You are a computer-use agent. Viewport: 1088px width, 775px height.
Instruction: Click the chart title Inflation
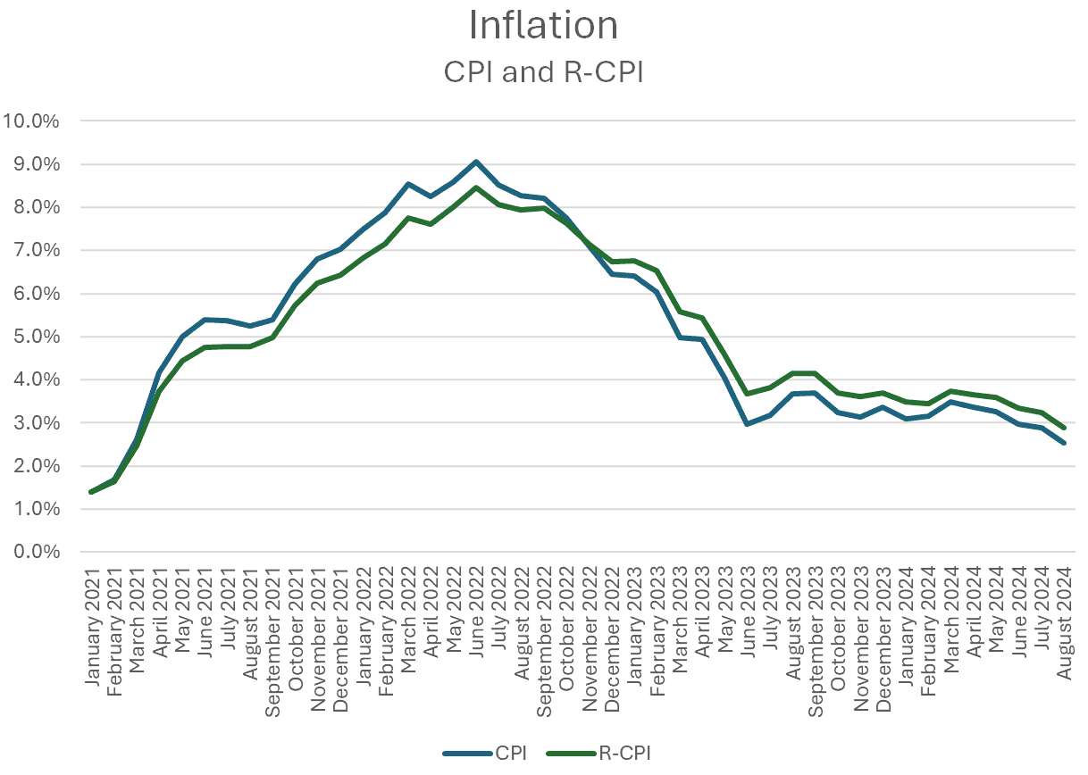543,26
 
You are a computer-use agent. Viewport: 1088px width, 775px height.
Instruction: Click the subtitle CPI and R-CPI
543,73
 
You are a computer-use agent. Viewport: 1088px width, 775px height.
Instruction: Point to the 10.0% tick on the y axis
32,121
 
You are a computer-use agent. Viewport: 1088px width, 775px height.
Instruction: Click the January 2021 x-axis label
93,621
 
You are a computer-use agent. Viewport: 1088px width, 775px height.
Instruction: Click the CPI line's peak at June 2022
476,162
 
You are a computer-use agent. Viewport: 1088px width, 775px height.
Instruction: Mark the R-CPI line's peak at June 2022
476,187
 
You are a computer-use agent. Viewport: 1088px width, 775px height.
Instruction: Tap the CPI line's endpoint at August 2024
1064,443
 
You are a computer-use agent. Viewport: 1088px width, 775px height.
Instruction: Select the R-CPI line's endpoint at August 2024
1064,428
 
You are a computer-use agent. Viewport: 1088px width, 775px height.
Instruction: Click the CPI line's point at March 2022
408,184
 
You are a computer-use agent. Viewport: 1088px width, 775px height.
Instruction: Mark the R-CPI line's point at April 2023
702,318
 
